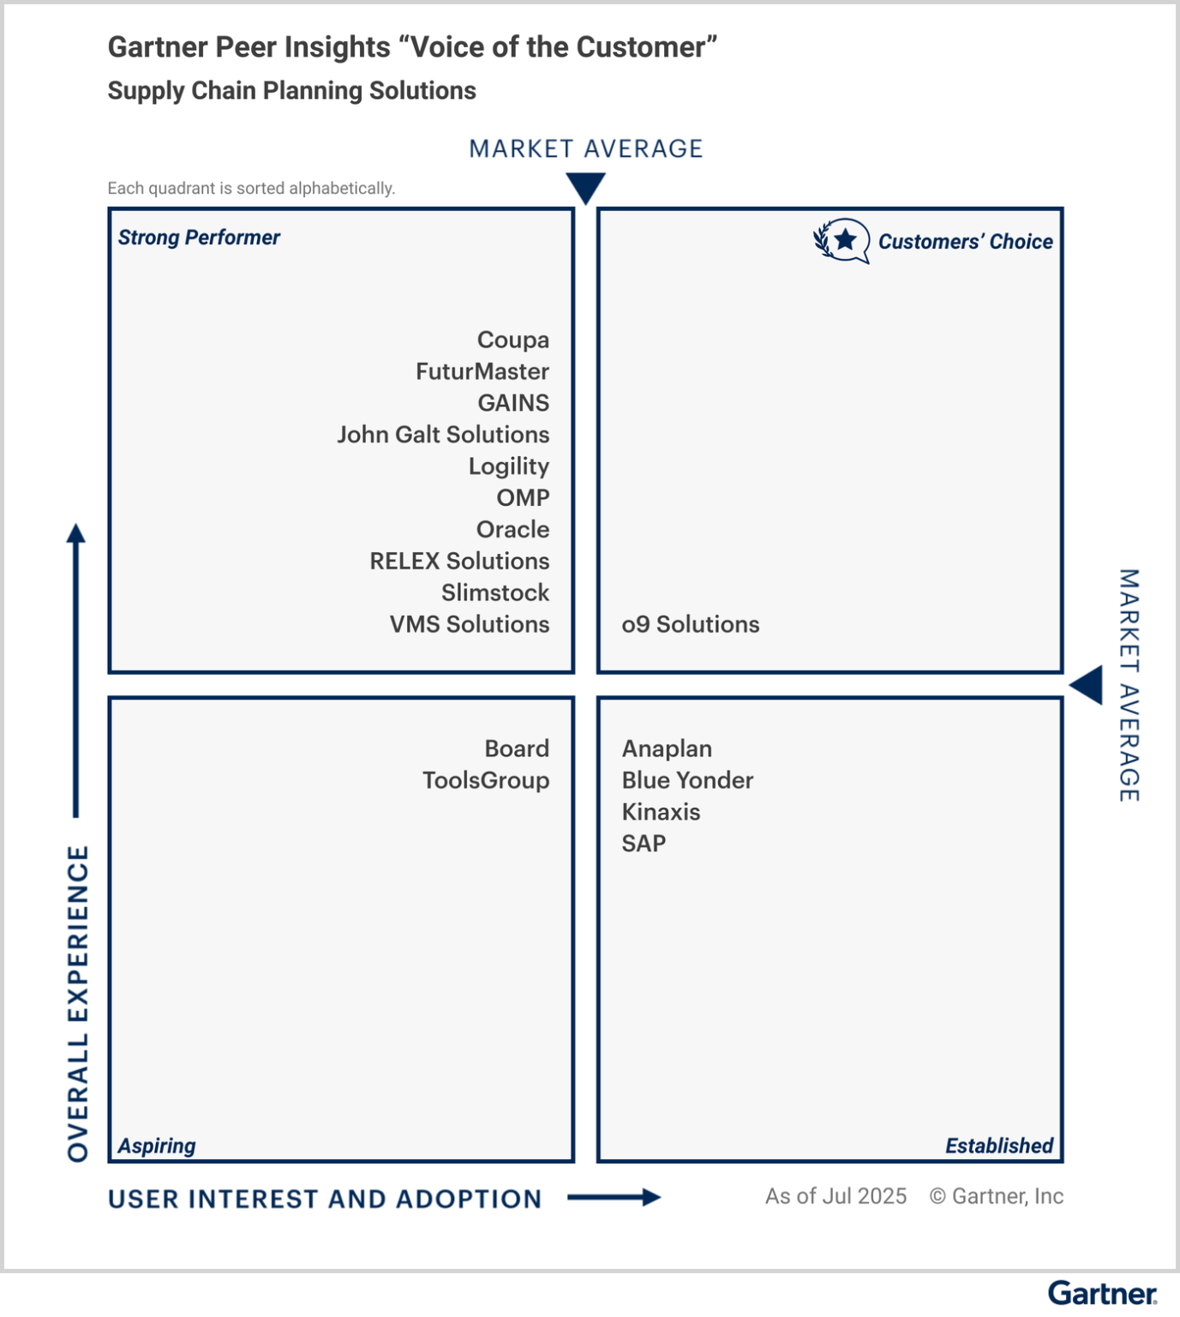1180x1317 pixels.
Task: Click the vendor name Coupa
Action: (x=512, y=340)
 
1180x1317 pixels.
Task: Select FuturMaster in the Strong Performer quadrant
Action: (x=482, y=372)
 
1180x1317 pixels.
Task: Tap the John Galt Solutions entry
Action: (x=442, y=435)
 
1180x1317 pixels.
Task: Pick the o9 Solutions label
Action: (x=690, y=624)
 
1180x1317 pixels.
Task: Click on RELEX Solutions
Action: (x=459, y=562)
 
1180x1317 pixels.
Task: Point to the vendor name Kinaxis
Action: (x=661, y=812)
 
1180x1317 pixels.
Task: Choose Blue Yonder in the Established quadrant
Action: (x=687, y=780)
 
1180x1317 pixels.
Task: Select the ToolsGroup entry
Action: (x=485, y=780)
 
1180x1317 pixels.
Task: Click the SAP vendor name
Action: (x=644, y=844)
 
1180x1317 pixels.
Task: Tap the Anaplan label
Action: (x=667, y=749)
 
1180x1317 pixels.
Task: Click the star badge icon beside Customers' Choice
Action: (x=843, y=241)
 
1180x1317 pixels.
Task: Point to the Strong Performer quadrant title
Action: (x=199, y=238)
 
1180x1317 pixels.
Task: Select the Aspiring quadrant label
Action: (x=157, y=1146)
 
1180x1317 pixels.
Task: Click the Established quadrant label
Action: (x=998, y=1146)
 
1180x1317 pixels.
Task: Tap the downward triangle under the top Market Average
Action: (x=586, y=187)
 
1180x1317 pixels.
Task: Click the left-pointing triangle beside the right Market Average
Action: (x=1087, y=685)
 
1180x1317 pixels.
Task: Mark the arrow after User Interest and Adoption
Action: (x=614, y=1197)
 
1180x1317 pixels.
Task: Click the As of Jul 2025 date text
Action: (x=836, y=1196)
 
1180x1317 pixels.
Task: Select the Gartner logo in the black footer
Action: (x=1102, y=1293)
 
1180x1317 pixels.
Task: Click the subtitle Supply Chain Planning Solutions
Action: (x=291, y=91)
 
